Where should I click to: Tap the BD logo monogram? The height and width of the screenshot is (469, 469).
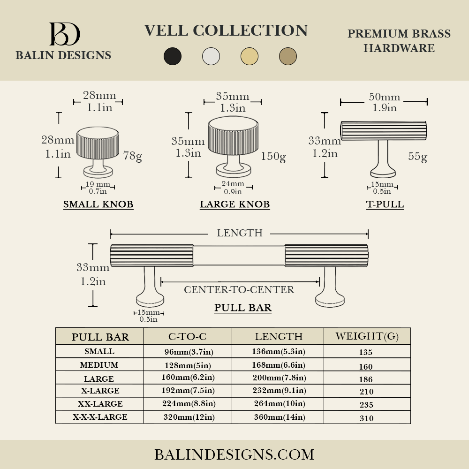(x=65, y=34)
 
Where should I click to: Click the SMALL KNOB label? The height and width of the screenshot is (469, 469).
(x=98, y=204)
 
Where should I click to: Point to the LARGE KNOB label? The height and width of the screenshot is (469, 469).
(x=234, y=204)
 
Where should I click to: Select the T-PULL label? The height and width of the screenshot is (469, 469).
(x=385, y=204)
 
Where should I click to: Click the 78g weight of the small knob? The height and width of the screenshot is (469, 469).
(x=132, y=156)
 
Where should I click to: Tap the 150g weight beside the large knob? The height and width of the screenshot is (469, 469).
(x=273, y=156)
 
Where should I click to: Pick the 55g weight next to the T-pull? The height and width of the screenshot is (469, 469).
(x=417, y=156)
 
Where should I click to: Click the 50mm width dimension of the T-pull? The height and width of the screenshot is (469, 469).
(x=384, y=97)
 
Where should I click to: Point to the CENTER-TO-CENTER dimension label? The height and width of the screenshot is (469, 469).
(x=239, y=290)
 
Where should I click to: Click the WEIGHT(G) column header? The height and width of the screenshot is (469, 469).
(x=367, y=336)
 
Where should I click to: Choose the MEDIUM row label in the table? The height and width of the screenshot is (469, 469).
(x=99, y=365)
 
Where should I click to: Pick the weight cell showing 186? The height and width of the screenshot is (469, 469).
(x=366, y=379)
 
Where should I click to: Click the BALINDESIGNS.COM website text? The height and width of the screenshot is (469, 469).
(x=234, y=454)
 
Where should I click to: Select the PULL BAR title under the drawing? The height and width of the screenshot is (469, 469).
(x=243, y=308)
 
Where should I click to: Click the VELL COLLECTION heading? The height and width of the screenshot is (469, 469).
(x=226, y=30)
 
